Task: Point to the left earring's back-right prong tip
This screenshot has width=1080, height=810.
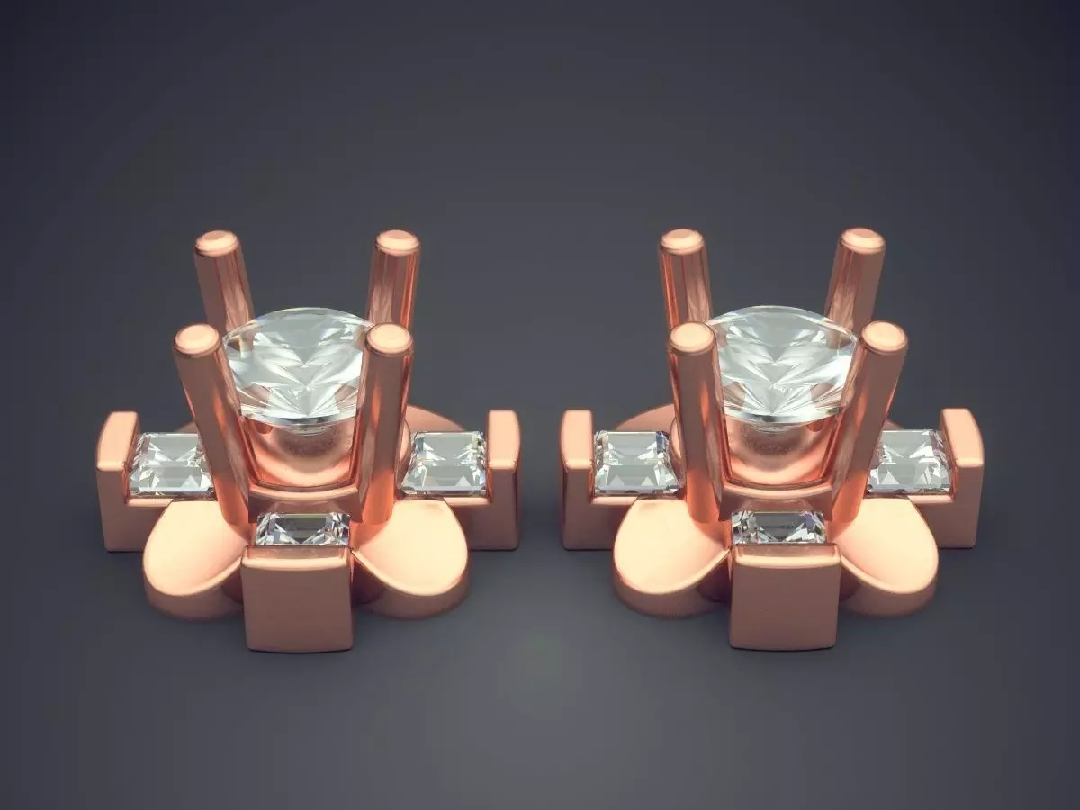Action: click(397, 243)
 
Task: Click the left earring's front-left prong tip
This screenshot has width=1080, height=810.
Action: click(196, 337)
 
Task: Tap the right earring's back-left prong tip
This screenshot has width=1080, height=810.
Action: click(681, 241)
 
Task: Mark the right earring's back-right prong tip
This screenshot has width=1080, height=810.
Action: click(862, 239)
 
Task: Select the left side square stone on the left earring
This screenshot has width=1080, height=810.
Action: click(171, 463)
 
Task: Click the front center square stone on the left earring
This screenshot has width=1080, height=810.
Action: click(302, 529)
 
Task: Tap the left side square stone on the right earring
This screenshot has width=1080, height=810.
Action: click(635, 462)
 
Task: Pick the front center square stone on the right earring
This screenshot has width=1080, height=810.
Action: click(778, 527)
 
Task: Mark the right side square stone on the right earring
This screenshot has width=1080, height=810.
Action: click(909, 461)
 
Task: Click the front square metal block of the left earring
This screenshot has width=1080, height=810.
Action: click(297, 598)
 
